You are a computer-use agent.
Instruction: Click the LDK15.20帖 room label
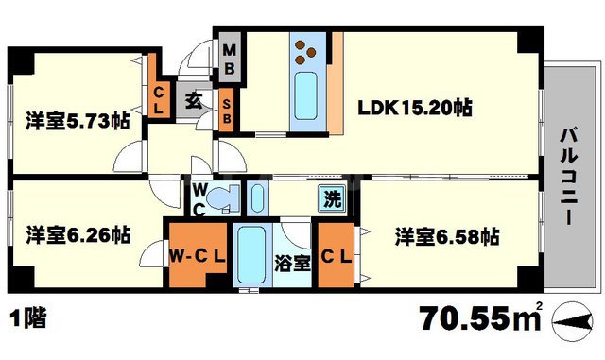(x=414, y=108)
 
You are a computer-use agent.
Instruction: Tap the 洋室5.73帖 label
(x=78, y=121)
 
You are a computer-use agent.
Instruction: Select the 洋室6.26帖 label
(x=78, y=233)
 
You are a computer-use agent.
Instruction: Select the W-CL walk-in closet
(x=197, y=255)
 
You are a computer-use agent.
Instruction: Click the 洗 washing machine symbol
(x=332, y=199)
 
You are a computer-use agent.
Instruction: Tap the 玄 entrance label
(x=193, y=98)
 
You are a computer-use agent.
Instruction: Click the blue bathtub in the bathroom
(x=251, y=255)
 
